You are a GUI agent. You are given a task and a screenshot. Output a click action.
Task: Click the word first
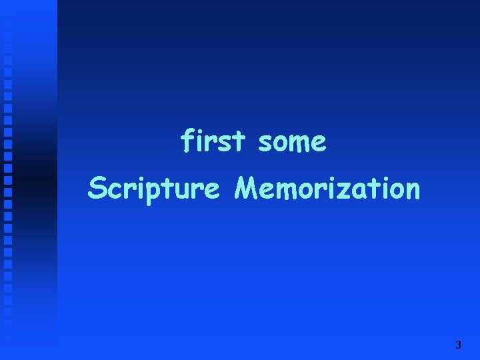tap(214, 141)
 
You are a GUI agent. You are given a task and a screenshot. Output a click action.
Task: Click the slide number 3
tap(457, 345)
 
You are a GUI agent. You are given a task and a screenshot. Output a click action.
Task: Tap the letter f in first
tap(187, 141)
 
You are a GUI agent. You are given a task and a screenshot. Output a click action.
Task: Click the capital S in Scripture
tap(97, 189)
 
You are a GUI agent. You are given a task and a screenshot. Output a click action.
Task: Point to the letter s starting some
tap(265, 144)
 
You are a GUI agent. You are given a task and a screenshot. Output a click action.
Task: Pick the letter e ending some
tap(319, 144)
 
